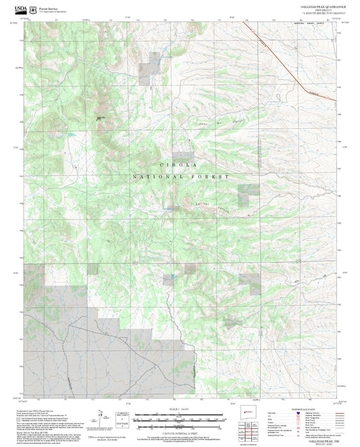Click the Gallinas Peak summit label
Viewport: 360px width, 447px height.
coord(102,119)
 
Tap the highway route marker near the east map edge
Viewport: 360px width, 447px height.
coord(329,97)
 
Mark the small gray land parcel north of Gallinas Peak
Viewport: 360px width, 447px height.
coord(146,73)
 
